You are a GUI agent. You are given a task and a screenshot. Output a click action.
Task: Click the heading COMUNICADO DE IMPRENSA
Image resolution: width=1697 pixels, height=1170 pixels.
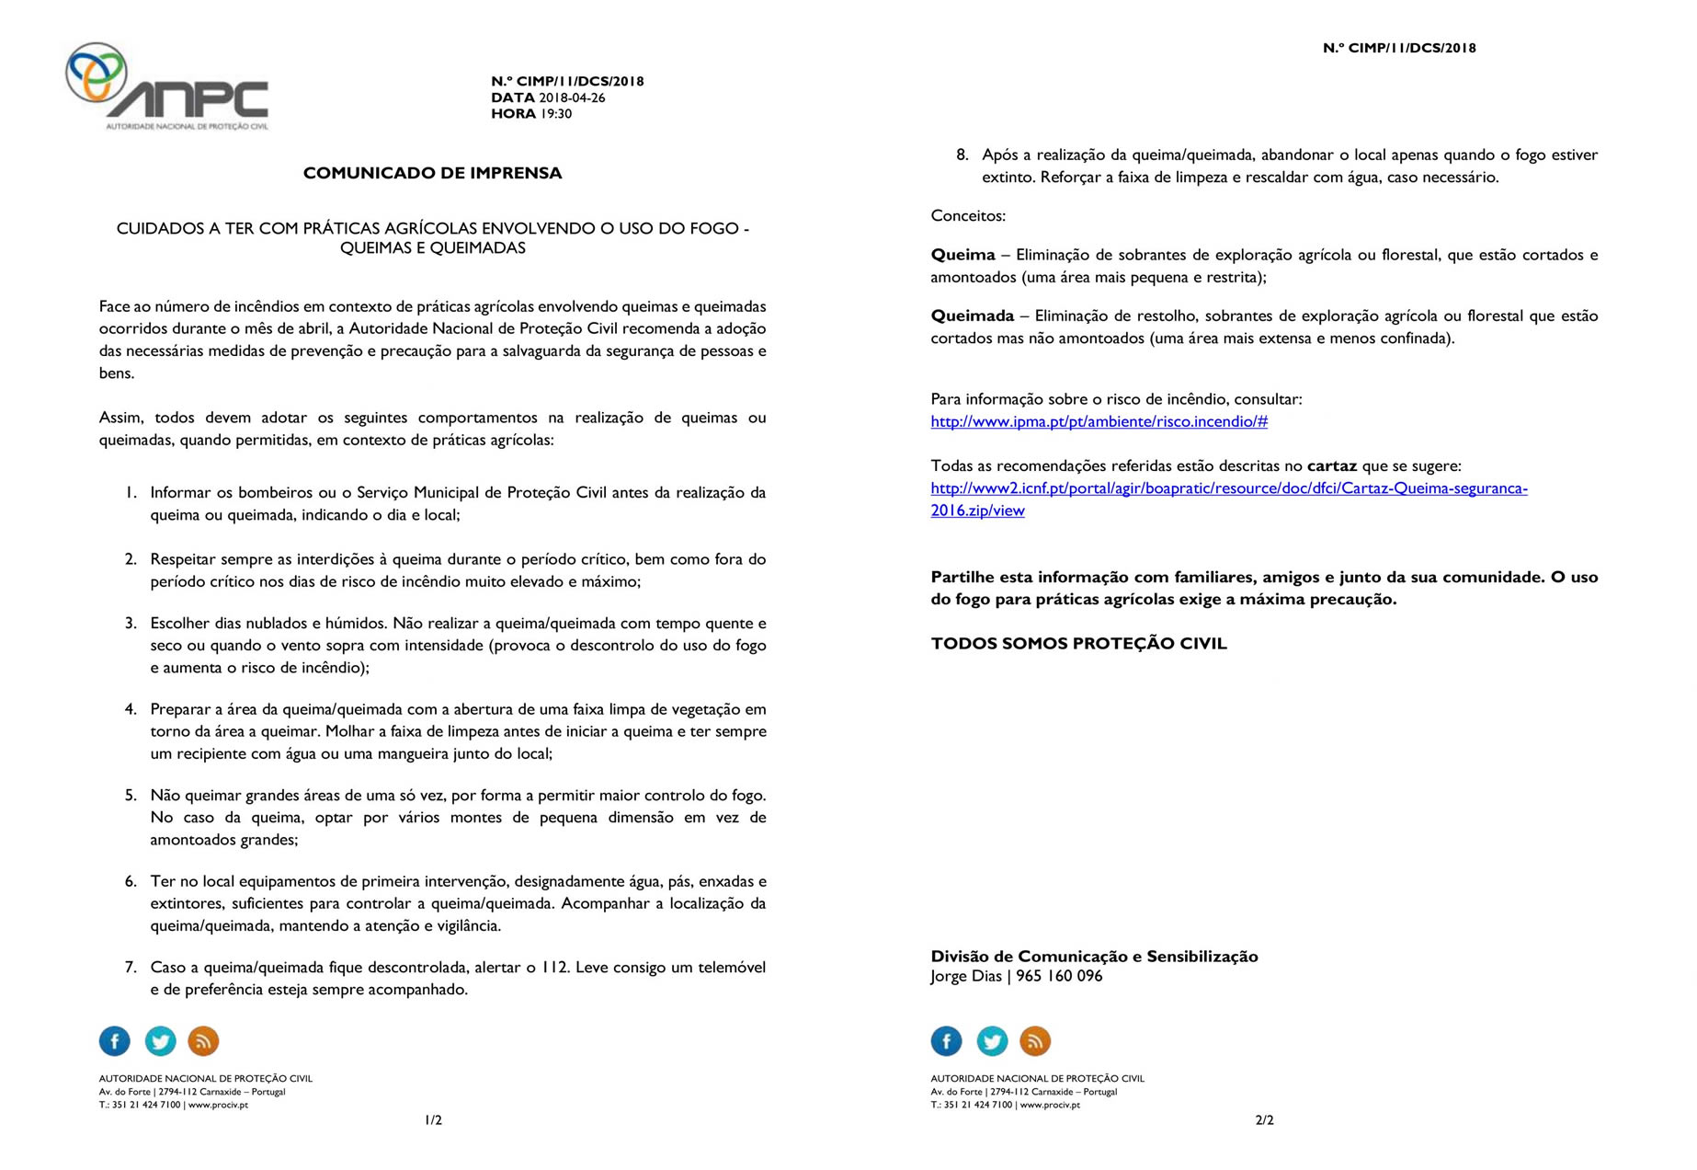tap(432, 173)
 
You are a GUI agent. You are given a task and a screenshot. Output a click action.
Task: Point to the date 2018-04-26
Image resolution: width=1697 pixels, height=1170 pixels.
tap(572, 97)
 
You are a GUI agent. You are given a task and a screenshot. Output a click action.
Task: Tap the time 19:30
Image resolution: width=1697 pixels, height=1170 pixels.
tap(555, 114)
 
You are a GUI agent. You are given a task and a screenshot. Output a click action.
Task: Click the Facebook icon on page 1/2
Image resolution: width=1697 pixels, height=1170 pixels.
tap(115, 1041)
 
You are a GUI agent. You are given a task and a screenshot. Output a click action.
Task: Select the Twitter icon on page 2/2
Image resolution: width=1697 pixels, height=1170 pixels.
tap(991, 1041)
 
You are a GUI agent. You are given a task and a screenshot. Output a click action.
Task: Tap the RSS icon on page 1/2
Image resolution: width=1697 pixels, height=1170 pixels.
tap(203, 1041)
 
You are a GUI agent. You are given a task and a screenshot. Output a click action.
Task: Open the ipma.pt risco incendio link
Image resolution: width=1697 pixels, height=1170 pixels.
tap(1099, 422)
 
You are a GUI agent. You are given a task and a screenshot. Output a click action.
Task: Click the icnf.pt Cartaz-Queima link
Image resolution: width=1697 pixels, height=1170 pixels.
tap(1228, 488)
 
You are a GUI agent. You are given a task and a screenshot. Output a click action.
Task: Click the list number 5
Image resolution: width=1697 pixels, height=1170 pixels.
tap(131, 796)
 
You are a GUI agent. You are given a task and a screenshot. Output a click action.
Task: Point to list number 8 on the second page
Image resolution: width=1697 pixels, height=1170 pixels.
tap(962, 155)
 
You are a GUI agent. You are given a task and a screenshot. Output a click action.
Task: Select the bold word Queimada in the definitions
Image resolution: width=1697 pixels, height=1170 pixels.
tap(972, 316)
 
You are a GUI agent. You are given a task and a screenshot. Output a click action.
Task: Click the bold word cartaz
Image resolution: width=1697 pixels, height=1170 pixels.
tap(1332, 466)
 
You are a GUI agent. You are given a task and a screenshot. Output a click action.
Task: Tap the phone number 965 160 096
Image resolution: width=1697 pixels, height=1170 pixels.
tap(1059, 976)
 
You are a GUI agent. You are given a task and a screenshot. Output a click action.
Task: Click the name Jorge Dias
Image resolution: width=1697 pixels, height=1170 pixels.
tap(965, 976)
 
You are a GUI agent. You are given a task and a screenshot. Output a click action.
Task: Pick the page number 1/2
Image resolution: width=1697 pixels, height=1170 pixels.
tap(433, 1120)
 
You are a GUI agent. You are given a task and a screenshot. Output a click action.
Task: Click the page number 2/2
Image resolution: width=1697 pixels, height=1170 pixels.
tap(1264, 1120)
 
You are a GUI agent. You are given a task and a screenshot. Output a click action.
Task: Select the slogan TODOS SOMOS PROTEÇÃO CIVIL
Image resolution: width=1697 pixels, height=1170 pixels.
tap(1078, 644)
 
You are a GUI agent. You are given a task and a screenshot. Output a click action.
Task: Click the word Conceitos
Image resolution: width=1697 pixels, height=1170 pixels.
tap(968, 216)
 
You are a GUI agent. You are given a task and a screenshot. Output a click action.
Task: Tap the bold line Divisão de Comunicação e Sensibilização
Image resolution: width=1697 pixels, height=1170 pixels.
tap(1094, 957)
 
